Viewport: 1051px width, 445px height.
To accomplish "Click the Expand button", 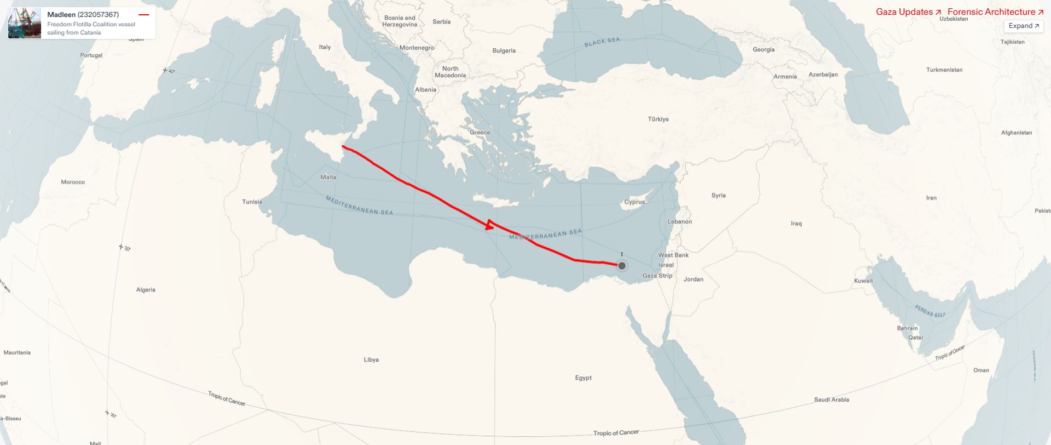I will tap(1023, 26).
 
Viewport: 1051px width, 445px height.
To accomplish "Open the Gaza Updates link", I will tap(908, 12).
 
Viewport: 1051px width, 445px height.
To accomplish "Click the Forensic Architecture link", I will tap(995, 12).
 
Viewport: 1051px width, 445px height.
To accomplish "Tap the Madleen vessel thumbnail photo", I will tap(25, 23).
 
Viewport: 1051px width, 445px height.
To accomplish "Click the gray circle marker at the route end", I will tap(622, 266).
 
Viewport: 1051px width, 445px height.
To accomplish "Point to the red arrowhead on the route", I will tap(489, 225).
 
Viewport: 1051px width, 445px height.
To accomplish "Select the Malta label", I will tap(328, 177).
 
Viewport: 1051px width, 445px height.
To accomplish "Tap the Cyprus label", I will tap(634, 202).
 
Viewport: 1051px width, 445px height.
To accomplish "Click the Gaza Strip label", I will tap(657, 276).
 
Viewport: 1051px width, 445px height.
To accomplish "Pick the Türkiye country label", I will tap(658, 119).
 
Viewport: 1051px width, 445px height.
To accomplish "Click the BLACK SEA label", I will tap(602, 42).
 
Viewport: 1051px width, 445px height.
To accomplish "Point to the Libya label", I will tap(371, 360).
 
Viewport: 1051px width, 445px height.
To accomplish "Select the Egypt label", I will tap(583, 378).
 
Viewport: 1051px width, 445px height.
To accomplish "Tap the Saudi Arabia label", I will tap(831, 400).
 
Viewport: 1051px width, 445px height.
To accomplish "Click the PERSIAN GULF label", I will tap(930, 311).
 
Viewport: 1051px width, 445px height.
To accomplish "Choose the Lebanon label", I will tap(680, 221).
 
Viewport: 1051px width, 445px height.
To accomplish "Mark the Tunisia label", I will tap(252, 202).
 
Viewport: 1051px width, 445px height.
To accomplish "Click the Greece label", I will tap(480, 132).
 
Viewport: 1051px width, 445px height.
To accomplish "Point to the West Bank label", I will tap(673, 255).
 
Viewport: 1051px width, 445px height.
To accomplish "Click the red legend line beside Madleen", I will tap(144, 15).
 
